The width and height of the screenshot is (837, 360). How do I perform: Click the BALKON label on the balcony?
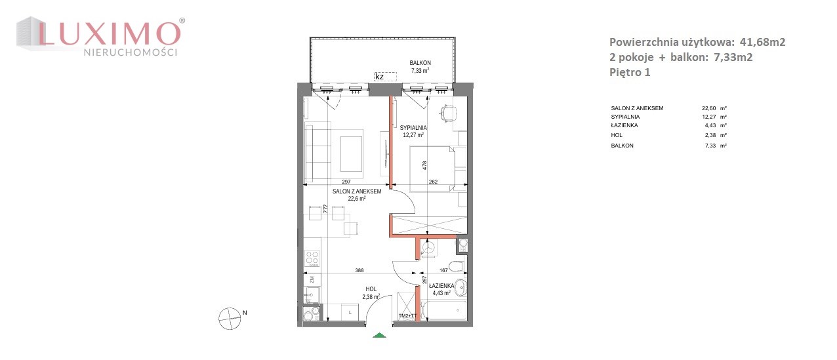pos(420,63)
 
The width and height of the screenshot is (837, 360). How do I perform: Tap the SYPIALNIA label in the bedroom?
pos(413,128)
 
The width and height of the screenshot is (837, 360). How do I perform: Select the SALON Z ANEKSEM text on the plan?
pos(357,191)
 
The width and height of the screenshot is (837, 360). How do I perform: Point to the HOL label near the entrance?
pos(371,289)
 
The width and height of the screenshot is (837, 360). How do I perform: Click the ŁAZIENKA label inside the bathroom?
pos(441,286)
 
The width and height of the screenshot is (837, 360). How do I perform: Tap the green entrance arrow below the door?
pos(379,335)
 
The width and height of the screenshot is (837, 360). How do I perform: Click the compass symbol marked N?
pos(230,319)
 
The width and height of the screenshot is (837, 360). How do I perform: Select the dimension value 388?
pos(359,270)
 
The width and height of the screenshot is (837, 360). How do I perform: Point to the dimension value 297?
pos(346,182)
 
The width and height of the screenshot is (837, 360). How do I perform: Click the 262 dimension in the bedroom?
pos(433,182)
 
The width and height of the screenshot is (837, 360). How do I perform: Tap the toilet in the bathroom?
pos(457,266)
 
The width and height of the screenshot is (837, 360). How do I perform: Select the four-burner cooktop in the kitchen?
pos(312,258)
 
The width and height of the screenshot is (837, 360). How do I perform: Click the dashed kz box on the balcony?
pos(385,77)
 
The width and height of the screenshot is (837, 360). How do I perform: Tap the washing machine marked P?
pos(428,248)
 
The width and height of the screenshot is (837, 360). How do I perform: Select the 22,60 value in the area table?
pos(709,108)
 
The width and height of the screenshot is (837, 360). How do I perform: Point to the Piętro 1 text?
pos(630,72)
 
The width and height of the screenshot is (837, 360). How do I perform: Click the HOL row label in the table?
pos(617,135)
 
